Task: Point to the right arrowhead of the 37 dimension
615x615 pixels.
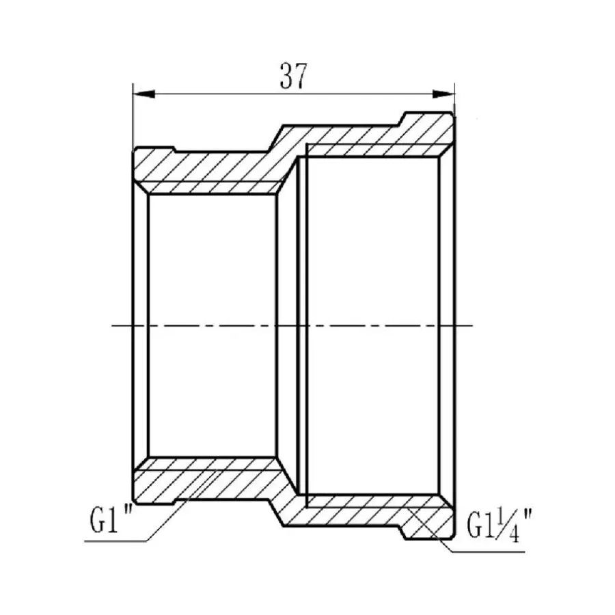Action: pyautogui.click(x=448, y=94)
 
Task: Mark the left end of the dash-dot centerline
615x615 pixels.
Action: pyautogui.click(x=115, y=326)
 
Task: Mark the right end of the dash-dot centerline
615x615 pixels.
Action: pyautogui.click(x=473, y=326)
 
